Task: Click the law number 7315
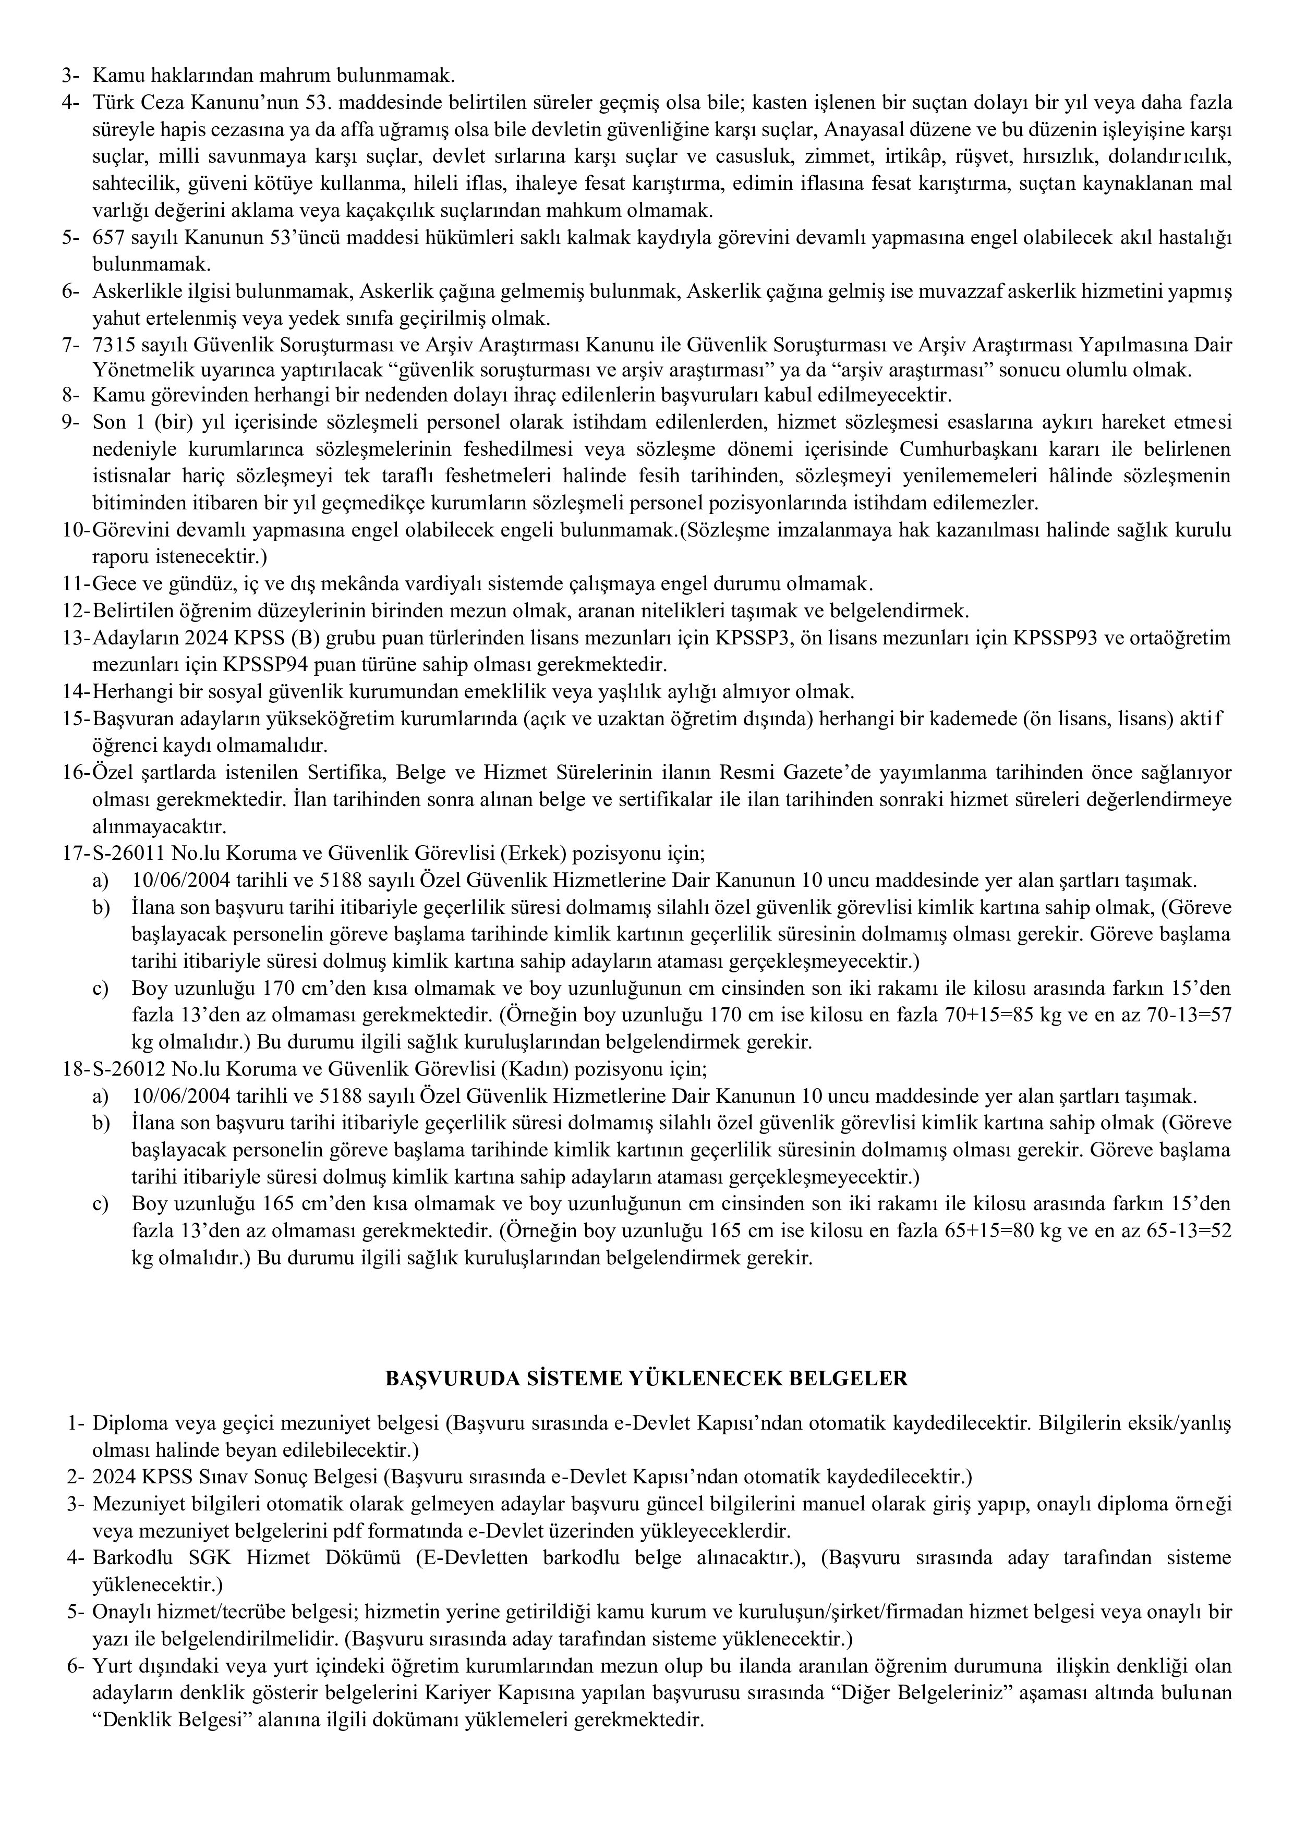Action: click(109, 345)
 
